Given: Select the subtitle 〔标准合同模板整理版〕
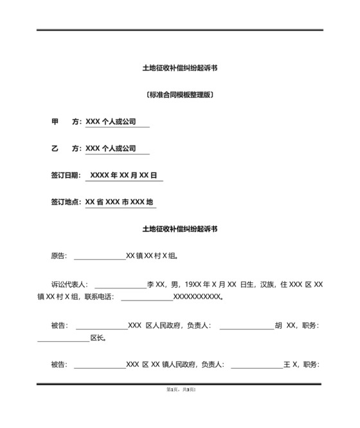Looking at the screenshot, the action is [x=179, y=95].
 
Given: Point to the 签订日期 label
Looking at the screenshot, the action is [x=66, y=175].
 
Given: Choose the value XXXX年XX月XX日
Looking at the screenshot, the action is [x=123, y=175].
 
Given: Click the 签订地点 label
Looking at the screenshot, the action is [x=66, y=202].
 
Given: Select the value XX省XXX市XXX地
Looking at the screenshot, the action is [x=119, y=202].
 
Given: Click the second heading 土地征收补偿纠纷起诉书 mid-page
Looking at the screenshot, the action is [x=179, y=229].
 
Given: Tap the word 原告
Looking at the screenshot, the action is [x=58, y=256].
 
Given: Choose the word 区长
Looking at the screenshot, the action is [x=98, y=338].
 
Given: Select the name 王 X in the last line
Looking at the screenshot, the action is [x=291, y=365].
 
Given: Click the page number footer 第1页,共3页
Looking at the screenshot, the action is [x=181, y=390].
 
